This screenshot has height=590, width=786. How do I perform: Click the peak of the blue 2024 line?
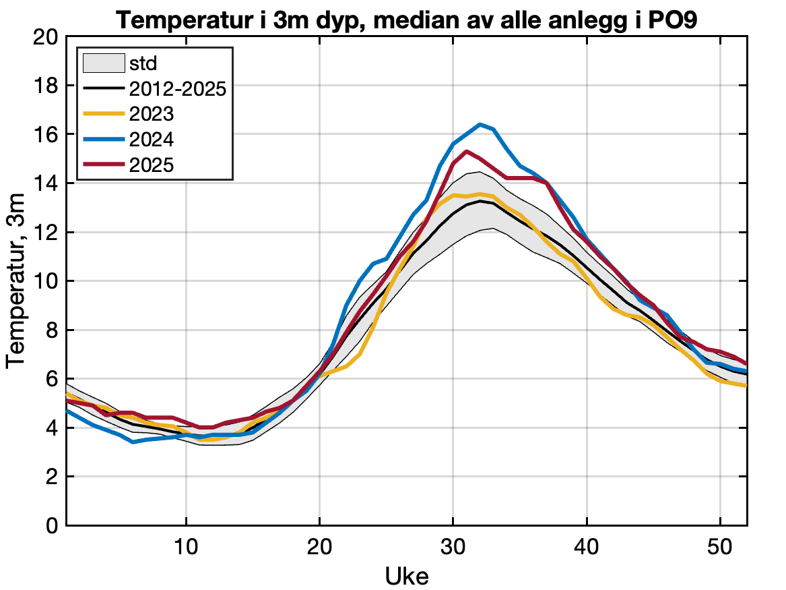pos(480,124)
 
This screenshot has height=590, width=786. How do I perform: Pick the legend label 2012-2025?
pos(177,88)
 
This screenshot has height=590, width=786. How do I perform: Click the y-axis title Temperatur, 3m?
pos(16,281)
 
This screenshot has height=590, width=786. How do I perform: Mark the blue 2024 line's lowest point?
pos(133,442)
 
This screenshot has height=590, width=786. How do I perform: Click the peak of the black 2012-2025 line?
pos(480,200)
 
